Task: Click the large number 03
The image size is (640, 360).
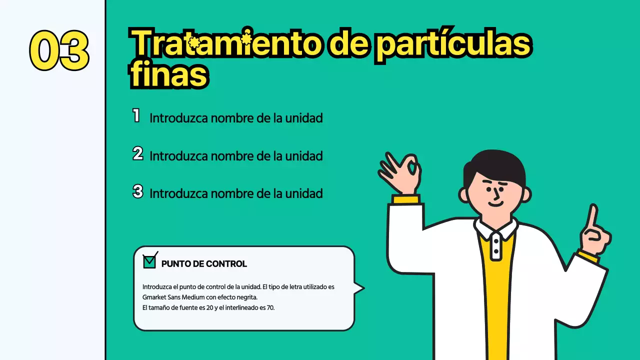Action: click(x=59, y=50)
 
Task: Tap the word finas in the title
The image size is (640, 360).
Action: click(x=168, y=75)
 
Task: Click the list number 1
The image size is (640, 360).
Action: click(x=136, y=116)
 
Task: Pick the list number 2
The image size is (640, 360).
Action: click(x=137, y=154)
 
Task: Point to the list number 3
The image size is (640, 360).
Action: click(x=137, y=191)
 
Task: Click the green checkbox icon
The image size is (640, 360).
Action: click(x=149, y=261)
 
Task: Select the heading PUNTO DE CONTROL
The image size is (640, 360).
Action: click(x=204, y=264)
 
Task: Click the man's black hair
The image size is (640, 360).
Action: click(x=495, y=165)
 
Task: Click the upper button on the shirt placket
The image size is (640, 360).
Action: click(x=495, y=240)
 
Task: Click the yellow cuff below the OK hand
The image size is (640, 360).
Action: click(x=405, y=199)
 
